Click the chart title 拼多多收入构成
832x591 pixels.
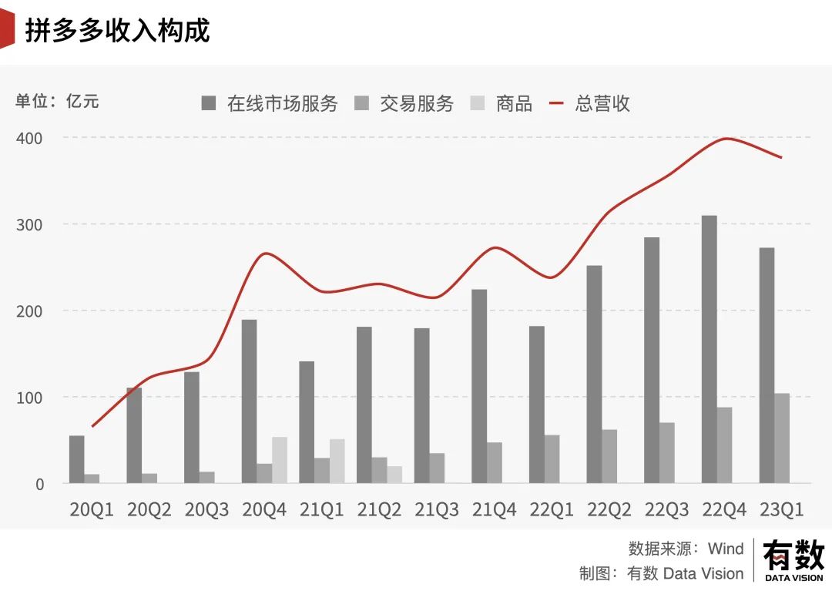[x=117, y=31]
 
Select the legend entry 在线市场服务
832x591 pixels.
[x=270, y=103]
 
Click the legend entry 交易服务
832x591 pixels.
[x=404, y=103]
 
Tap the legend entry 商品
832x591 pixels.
[x=502, y=103]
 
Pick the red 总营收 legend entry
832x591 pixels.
[x=590, y=103]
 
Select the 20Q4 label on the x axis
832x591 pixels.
[x=263, y=510]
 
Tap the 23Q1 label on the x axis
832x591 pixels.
[x=782, y=510]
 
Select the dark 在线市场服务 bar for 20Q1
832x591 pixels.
[x=76, y=459]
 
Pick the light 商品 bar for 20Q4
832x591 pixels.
[x=280, y=460]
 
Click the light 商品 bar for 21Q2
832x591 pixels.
[x=394, y=475]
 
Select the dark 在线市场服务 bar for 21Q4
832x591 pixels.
[x=479, y=386]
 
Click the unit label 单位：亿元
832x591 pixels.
[x=57, y=101]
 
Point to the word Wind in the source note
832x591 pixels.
[x=726, y=549]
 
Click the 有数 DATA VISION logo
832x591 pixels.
[x=793, y=560]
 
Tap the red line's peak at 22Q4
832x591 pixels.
[x=725, y=139]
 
